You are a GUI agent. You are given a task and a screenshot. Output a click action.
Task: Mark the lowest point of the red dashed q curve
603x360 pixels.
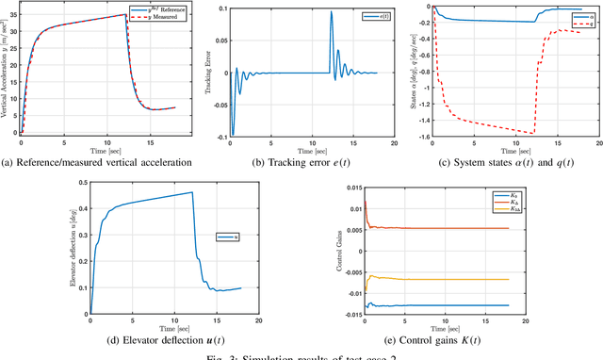[x=533, y=132]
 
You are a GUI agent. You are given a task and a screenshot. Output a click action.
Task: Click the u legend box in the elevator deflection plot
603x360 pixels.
[x=226, y=237]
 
